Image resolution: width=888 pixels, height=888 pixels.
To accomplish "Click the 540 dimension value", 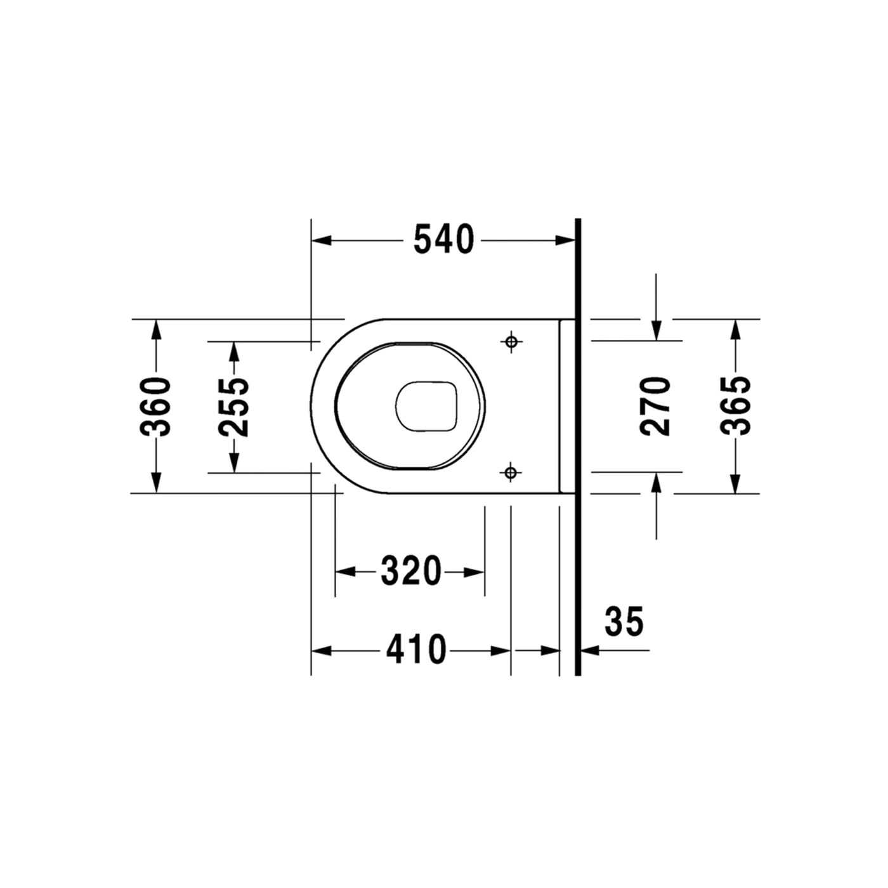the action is (x=443, y=239).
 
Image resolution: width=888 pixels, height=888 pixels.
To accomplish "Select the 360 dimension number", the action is (x=155, y=407).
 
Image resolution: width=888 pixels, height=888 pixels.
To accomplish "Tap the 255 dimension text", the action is (x=233, y=407).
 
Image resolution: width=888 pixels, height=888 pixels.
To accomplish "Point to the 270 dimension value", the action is (x=655, y=406).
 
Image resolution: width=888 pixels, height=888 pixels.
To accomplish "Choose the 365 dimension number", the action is (x=735, y=406).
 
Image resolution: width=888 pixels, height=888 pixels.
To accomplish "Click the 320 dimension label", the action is (x=410, y=571).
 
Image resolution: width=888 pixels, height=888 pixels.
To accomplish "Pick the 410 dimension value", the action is (x=416, y=650).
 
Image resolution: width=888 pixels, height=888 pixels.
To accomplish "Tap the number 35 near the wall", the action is (x=624, y=621).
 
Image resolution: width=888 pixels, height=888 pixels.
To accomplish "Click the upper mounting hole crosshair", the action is (x=511, y=341).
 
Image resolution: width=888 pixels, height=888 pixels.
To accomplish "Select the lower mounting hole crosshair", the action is (x=511, y=473).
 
